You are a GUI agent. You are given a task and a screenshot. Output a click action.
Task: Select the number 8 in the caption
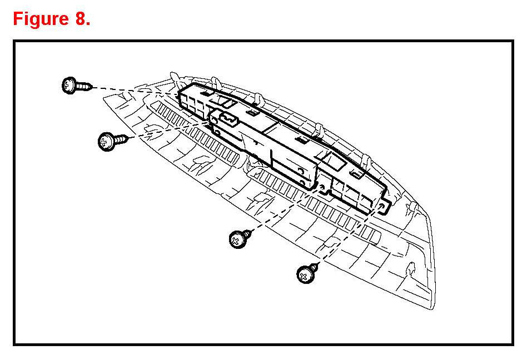tap(77, 19)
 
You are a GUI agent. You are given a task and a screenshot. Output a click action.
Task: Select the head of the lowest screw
tap(305, 274)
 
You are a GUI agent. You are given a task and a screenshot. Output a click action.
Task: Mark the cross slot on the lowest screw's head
tap(304, 275)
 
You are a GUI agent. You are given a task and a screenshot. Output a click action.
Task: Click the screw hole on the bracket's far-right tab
tap(381, 206)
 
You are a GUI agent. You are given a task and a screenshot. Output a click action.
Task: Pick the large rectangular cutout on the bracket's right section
tap(334, 161)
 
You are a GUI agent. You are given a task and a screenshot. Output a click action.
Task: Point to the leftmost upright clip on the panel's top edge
tap(175, 78)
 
